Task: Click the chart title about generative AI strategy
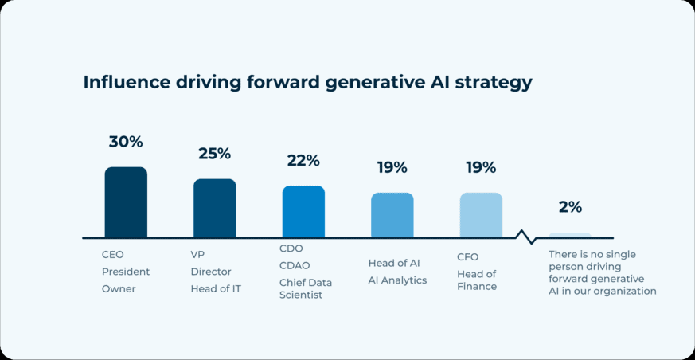coord(307,83)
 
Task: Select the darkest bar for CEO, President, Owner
coord(126,202)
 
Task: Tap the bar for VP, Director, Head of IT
coord(215,209)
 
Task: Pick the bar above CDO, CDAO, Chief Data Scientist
coord(303,212)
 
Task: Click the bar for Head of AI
coord(392,215)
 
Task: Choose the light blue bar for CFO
coord(481,215)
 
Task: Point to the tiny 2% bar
coord(570,236)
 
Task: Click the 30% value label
coord(126,142)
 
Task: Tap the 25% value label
coord(214,154)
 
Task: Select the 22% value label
coord(303,161)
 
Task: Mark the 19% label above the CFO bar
coord(481,167)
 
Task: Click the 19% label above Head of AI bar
coord(392,167)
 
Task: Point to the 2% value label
coord(570,207)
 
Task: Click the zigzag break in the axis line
coord(525,237)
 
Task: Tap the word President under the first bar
coord(126,272)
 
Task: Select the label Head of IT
coord(215,289)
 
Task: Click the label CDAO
coord(295,265)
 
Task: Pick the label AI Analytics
coord(397,280)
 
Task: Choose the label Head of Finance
coord(477,280)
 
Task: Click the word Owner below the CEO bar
coord(119,289)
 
